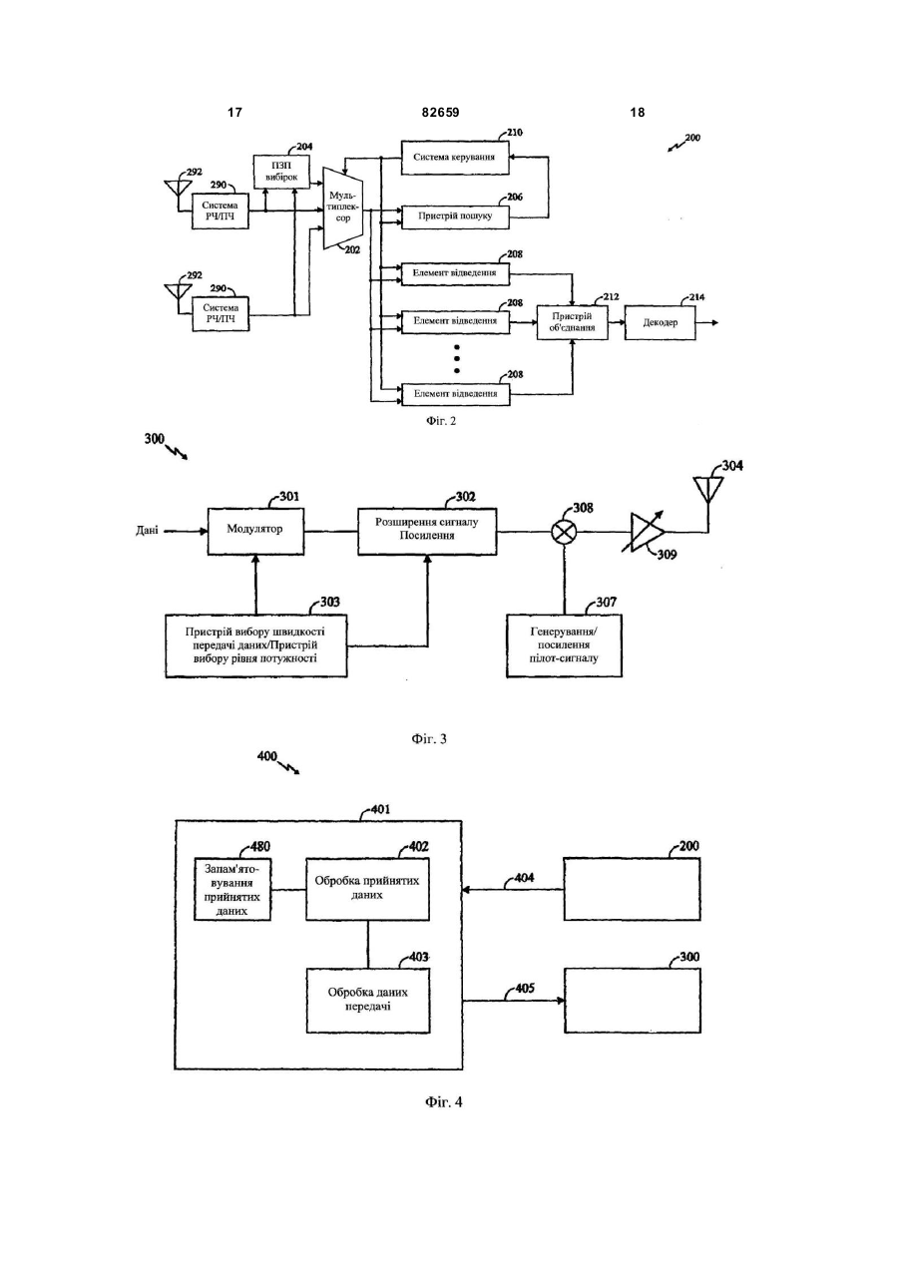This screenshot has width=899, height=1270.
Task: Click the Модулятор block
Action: pos(255,531)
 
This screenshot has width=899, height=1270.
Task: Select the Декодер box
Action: pos(661,322)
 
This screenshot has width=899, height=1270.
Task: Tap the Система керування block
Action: pos(455,157)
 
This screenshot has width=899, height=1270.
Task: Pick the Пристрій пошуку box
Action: pos(455,216)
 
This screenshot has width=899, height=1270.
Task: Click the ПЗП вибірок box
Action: pos(281,172)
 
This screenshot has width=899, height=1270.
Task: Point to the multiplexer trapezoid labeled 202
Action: pos(343,208)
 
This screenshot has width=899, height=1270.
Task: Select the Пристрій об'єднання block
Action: pos(573,322)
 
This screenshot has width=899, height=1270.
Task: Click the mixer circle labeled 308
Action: pos(565,532)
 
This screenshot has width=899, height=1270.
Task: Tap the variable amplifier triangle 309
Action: pos(648,532)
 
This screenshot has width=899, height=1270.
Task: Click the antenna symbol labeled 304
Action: pos(707,490)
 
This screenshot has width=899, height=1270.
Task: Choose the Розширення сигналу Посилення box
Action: pos(427,531)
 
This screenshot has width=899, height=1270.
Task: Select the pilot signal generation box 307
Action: pos(565,645)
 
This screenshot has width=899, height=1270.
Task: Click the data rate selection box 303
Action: pos(256,645)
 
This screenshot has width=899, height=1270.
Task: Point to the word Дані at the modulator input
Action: pos(147,532)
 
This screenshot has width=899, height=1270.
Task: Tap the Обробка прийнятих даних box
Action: pos(367,889)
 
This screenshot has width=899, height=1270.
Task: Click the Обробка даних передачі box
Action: pos(367,1000)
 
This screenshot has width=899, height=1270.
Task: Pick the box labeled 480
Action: pos(232,889)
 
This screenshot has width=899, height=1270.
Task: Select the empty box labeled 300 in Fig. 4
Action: pos(632,1000)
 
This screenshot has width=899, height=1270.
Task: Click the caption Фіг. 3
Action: pos(429,738)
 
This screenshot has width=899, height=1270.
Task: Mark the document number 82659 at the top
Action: pos(441,113)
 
